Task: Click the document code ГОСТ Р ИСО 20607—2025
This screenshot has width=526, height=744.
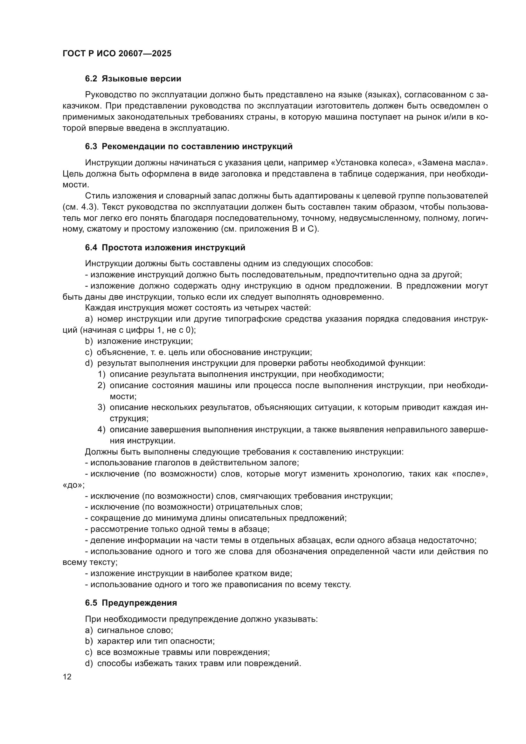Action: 117,54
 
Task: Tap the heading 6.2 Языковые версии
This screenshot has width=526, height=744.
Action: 133,79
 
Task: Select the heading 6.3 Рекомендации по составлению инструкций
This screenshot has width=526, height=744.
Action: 189,146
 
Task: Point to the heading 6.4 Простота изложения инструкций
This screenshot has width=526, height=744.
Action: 165,247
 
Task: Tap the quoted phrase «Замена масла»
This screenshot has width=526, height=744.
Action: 455,162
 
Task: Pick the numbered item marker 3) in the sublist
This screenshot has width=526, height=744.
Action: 102,407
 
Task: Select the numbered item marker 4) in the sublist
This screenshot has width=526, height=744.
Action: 102,430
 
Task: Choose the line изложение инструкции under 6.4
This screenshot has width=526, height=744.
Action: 145,341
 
